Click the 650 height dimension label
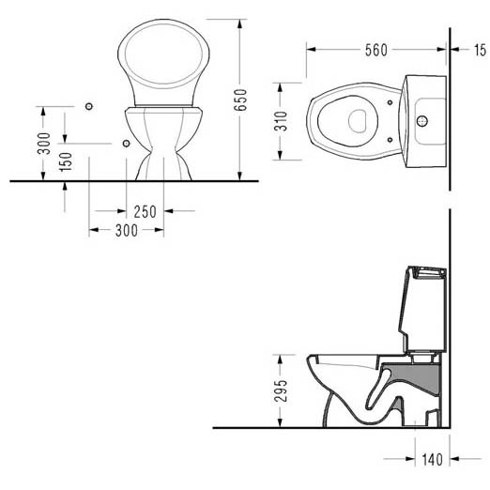(x=240, y=100)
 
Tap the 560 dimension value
(x=376, y=50)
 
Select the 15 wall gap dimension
(x=480, y=50)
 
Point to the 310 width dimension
(x=281, y=121)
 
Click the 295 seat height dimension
(x=281, y=390)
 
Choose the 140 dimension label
(x=432, y=460)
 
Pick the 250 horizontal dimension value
(x=145, y=212)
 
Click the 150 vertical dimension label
(x=66, y=161)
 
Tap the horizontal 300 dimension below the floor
(x=127, y=231)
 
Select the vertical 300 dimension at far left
(x=44, y=144)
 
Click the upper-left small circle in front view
(x=89, y=106)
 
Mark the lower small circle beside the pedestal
(x=127, y=144)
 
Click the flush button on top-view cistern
(x=422, y=121)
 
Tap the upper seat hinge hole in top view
(x=390, y=102)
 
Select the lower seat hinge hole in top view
(x=390, y=140)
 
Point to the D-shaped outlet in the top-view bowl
(x=357, y=121)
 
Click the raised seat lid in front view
(x=164, y=62)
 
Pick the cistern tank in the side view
(x=421, y=310)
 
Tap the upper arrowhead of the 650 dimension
(x=240, y=24)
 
